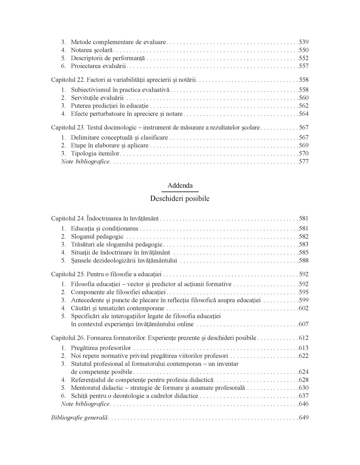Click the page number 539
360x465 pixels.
(304, 42)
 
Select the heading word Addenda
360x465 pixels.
(180, 185)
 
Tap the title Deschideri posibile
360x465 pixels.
(180, 198)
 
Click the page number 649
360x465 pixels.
(304, 418)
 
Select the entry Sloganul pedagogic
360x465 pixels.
(97, 236)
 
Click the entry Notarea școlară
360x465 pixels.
(92, 50)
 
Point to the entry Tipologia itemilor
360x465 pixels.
(95, 153)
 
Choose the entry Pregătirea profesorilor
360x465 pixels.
(101, 348)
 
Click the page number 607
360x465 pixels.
(304, 324)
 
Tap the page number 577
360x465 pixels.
(304, 162)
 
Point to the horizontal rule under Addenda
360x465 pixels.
(180, 191)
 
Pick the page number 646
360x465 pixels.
(304, 404)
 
